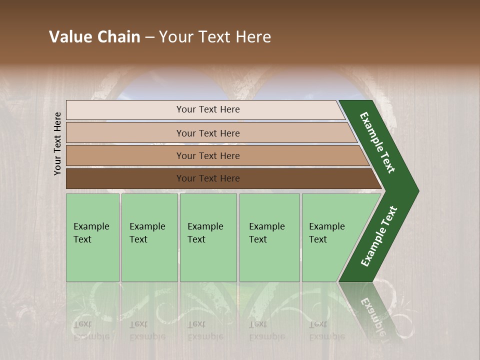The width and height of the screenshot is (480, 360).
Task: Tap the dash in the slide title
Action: pyautogui.click(x=149, y=37)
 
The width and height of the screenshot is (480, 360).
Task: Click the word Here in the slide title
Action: pyautogui.click(x=253, y=37)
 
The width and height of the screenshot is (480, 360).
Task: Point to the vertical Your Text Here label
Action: pyautogui.click(x=57, y=143)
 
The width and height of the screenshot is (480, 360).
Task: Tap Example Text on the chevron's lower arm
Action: pyautogui.click(x=378, y=236)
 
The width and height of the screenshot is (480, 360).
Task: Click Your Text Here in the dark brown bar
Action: pyautogui.click(x=208, y=178)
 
